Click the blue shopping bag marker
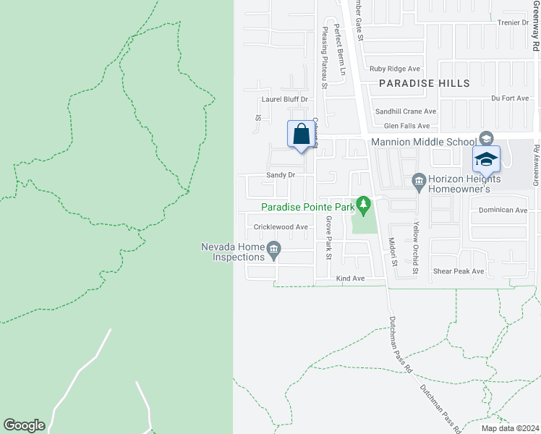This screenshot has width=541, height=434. click(302, 135)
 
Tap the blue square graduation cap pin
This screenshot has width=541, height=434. click(487, 160)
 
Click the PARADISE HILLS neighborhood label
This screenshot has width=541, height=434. click(425, 83)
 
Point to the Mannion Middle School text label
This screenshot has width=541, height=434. click(422, 142)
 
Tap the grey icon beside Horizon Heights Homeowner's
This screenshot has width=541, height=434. click(418, 179)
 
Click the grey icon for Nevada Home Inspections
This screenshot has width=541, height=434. click(273, 251)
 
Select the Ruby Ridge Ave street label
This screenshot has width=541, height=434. click(394, 69)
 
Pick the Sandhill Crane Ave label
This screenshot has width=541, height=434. click(405, 111)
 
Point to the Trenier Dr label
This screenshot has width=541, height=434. click(514, 22)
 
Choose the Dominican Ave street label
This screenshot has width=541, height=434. click(503, 210)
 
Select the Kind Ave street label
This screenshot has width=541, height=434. click(350, 278)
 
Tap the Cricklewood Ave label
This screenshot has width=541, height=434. click(281, 226)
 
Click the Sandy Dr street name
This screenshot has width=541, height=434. click(281, 175)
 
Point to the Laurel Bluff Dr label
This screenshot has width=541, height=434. click(285, 99)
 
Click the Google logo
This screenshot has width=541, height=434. click(24, 425)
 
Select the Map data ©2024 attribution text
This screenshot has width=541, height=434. click(509, 428)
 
